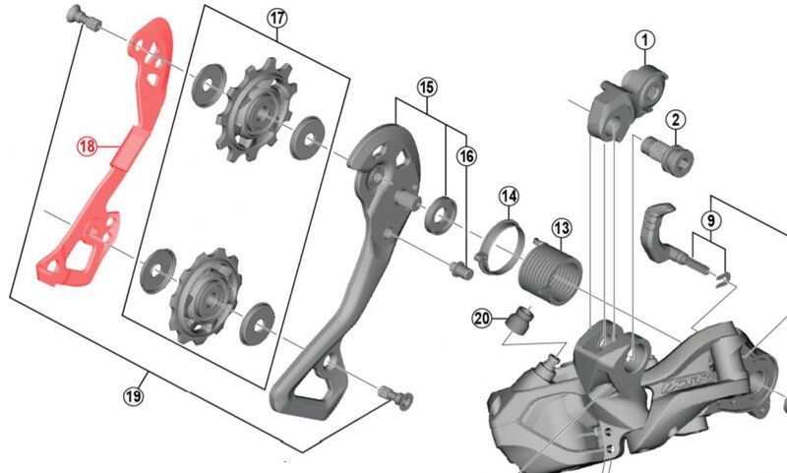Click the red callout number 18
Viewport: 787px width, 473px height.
pyautogui.click(x=88, y=147)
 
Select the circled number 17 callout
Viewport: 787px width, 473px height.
pyautogui.click(x=275, y=18)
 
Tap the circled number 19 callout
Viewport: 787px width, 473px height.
pyautogui.click(x=133, y=396)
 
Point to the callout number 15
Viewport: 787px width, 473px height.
pyautogui.click(x=425, y=88)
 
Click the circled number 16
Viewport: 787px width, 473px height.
pyautogui.click(x=465, y=155)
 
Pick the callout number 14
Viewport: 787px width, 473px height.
pyautogui.click(x=508, y=197)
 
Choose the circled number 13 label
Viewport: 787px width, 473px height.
pyautogui.click(x=561, y=229)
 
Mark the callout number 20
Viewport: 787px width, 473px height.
pyautogui.click(x=481, y=318)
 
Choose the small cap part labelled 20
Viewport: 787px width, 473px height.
pyautogui.click(x=518, y=321)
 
